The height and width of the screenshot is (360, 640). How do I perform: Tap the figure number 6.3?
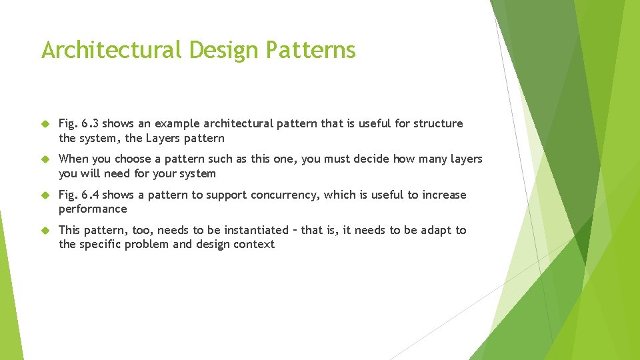click(90, 123)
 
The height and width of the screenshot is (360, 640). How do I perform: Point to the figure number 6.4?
click(90, 195)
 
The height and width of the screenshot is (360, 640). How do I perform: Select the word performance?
click(93, 209)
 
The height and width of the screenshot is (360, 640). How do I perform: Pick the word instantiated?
click(256, 230)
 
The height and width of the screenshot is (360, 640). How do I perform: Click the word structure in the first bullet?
click(438, 123)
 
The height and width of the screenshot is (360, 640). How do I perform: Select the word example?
click(177, 123)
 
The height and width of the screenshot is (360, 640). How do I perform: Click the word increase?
click(444, 195)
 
